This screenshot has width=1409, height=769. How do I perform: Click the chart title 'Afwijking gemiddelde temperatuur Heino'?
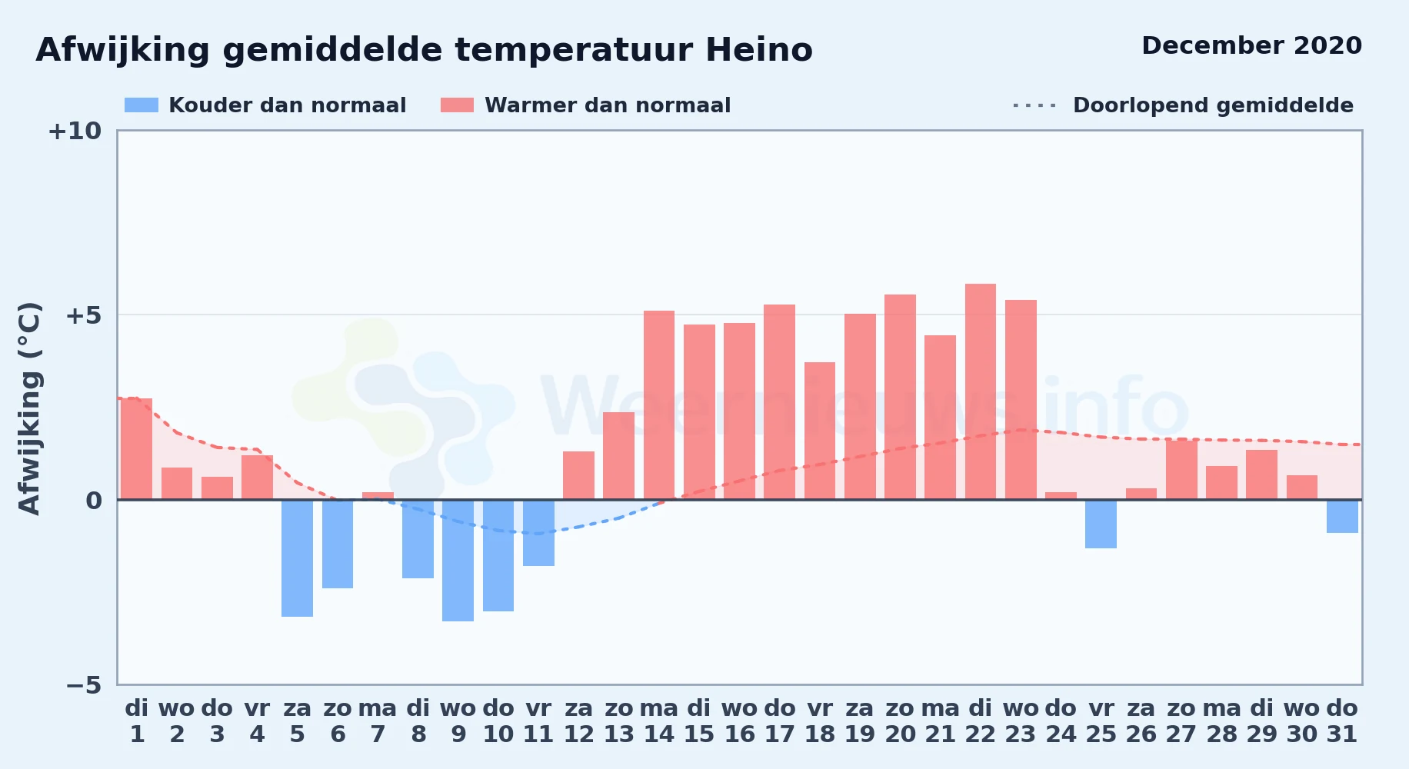[x=424, y=50]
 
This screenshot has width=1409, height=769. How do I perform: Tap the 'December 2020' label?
[x=1251, y=45]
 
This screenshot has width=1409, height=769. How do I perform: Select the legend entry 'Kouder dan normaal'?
[x=265, y=105]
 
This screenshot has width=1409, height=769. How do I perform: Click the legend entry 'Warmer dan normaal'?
[x=585, y=105]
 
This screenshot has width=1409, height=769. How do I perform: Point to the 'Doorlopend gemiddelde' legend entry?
[x=1183, y=105]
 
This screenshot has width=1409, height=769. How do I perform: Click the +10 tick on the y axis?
[x=75, y=131]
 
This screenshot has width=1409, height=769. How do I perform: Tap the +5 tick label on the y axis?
[x=83, y=315]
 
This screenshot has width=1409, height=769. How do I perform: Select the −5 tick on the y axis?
[x=83, y=684]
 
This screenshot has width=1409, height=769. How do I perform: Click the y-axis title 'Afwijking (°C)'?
[x=29, y=408]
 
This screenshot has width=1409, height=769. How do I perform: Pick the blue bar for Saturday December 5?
[x=297, y=558]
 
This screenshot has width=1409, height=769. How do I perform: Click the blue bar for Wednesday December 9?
[x=458, y=561]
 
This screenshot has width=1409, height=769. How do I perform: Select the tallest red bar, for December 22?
[x=981, y=392]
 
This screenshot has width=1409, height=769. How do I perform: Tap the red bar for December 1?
[x=137, y=449]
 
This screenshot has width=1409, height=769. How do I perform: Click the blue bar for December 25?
[x=1101, y=524]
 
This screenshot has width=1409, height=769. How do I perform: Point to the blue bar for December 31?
[x=1342, y=516]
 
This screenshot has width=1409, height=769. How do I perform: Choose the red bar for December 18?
[x=820, y=431]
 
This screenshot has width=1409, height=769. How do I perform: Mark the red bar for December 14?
[x=659, y=405]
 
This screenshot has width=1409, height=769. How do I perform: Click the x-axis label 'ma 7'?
[x=378, y=721]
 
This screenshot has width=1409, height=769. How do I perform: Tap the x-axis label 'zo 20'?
[x=900, y=721]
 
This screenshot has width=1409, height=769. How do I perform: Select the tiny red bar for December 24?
[x=1061, y=496]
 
